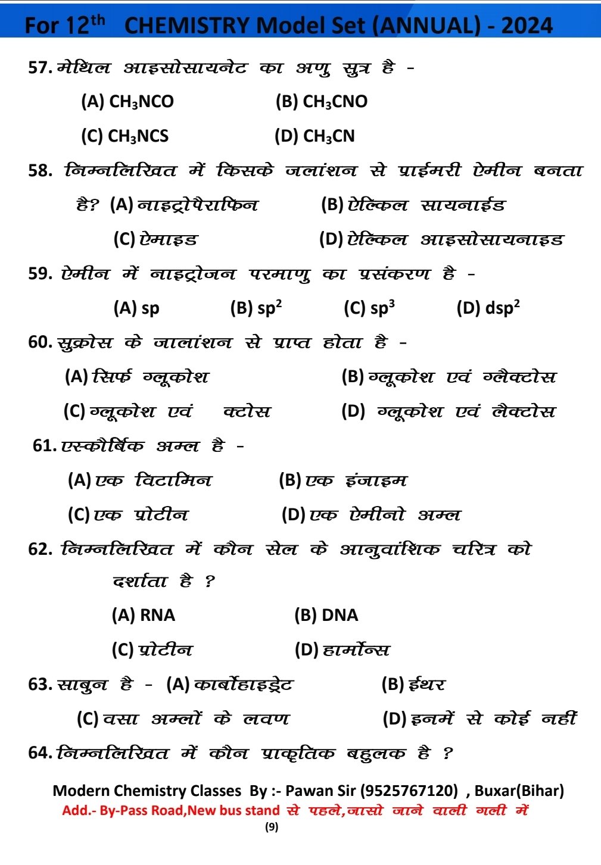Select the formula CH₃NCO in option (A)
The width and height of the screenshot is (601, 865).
(x=142, y=102)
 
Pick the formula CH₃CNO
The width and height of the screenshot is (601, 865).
(x=335, y=102)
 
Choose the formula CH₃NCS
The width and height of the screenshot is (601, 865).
(x=138, y=136)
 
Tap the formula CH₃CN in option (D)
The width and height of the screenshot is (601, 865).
(x=329, y=136)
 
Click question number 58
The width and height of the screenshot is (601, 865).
(x=41, y=171)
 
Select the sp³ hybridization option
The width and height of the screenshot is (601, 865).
(x=382, y=308)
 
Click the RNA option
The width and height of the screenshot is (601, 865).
(x=157, y=615)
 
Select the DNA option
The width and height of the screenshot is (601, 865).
(x=340, y=615)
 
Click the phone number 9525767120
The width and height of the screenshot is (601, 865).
(x=409, y=791)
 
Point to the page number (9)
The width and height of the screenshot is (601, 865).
(x=272, y=827)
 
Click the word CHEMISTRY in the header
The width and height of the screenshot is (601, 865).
(x=187, y=25)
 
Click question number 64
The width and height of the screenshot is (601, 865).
(x=41, y=753)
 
